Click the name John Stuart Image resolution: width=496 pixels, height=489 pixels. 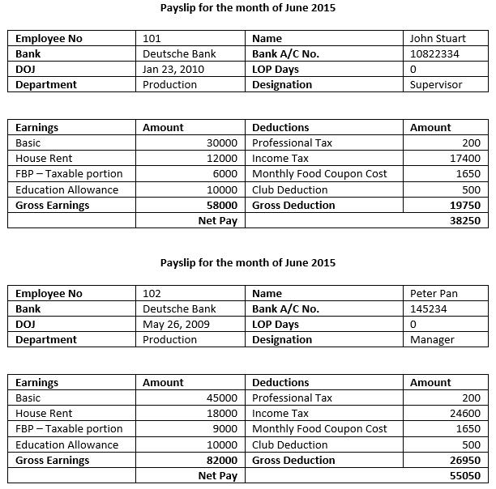(x=438, y=38)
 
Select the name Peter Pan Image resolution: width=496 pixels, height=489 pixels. (x=434, y=293)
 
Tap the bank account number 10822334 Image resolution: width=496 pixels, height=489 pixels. (x=434, y=53)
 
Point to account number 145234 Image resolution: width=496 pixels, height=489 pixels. (x=429, y=308)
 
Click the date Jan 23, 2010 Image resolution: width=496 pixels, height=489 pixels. (x=173, y=69)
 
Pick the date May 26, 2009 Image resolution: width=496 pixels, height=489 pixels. (x=175, y=324)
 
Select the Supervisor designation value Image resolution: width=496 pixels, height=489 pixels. (x=436, y=84)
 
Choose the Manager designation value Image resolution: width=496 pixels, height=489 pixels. (x=432, y=339)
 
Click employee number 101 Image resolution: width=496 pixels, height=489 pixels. (x=152, y=38)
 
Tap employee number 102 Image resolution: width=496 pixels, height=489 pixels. (x=152, y=293)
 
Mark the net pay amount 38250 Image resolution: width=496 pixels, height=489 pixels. (x=465, y=220)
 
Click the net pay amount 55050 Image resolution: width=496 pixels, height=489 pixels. (x=465, y=475)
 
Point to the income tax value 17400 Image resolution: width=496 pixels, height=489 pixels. (x=465, y=159)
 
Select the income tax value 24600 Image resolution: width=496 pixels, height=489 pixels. (x=465, y=414)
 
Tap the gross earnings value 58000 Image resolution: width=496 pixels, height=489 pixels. (x=221, y=205)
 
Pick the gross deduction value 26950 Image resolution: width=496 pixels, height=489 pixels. (x=465, y=460)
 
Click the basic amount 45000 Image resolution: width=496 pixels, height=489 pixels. (x=221, y=398)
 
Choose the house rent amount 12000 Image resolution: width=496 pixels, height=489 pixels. (x=221, y=159)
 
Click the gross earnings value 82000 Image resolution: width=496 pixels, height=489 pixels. (x=221, y=460)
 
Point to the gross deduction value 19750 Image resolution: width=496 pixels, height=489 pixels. (x=465, y=205)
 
